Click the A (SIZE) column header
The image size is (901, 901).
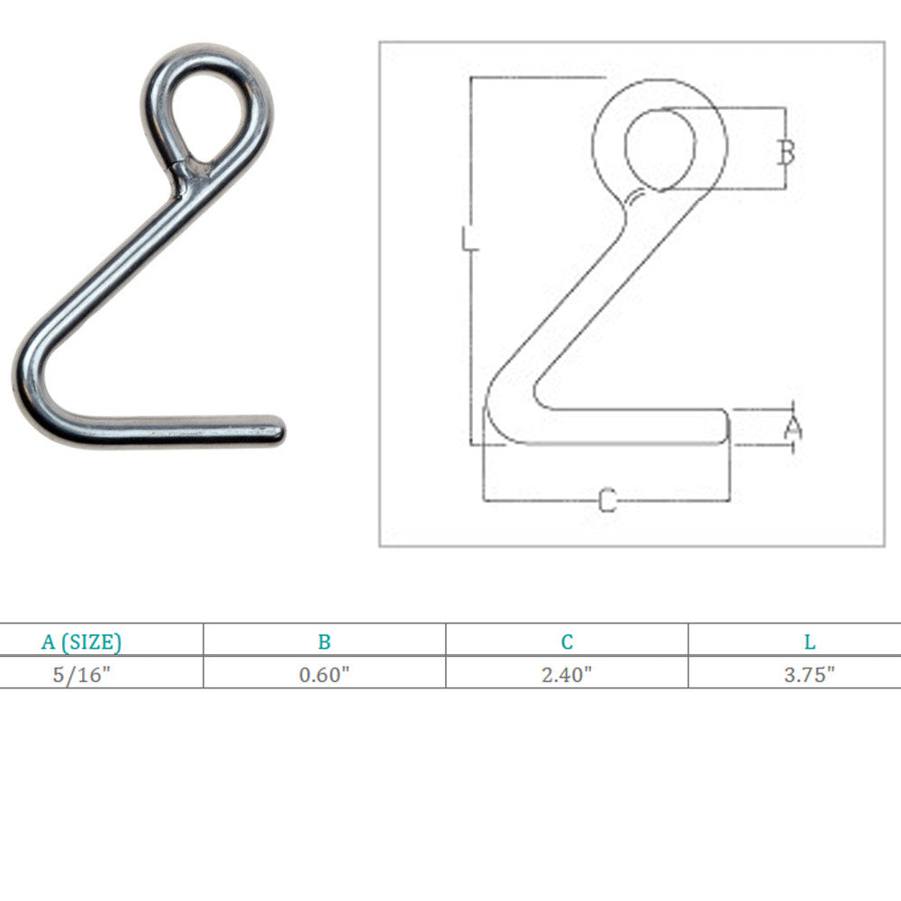point(82,642)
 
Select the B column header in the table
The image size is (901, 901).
point(324,642)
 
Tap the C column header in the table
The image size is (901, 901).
point(567,642)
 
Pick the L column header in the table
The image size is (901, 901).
point(810,642)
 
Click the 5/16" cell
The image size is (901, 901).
point(81,674)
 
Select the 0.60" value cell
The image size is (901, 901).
point(324,674)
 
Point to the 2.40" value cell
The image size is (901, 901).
point(567,674)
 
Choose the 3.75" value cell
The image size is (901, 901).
point(809,674)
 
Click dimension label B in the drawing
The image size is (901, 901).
point(787,151)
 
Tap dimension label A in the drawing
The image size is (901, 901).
point(794,428)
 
